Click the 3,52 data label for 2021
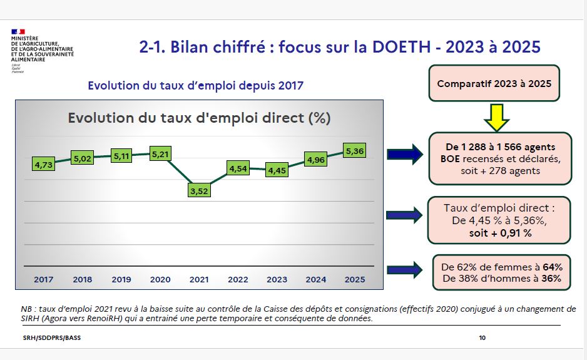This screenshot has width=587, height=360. coord(198,191)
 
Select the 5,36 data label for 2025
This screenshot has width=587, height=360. coord(354,151)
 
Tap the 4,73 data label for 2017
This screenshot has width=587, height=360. coord(43,165)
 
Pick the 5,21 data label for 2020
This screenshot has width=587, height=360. coord(161,153)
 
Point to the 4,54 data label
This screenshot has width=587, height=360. coord(238,168)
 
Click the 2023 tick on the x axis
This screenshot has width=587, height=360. coord(277,279)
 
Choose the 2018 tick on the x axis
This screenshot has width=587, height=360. coord(83,279)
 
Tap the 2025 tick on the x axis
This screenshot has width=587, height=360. coord(355,279)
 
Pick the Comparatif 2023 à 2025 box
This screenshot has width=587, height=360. coord(494,83)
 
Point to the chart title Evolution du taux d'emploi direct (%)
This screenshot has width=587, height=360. coord(199,118)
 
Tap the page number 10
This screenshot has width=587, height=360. coord(482,338)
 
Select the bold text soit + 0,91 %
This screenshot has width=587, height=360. coord(500,232)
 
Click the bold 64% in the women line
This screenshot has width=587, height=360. coord(558,267)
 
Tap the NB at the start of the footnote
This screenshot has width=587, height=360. coord(26,309)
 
